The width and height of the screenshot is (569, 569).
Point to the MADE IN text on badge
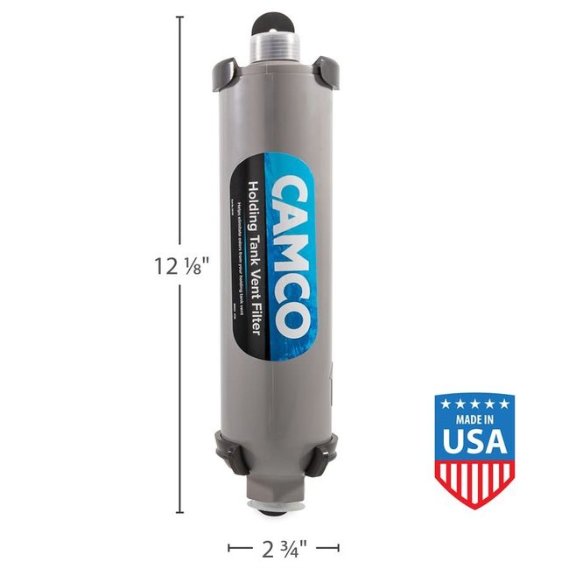[x=474, y=419]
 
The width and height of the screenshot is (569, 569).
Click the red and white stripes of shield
[x=474, y=482]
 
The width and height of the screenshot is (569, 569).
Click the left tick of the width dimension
[x=229, y=548]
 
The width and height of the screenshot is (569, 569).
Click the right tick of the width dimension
[x=339, y=548]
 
